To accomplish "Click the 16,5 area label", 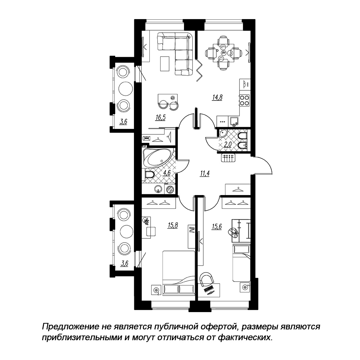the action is tap(161, 118).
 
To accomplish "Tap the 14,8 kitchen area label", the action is tap(217, 98).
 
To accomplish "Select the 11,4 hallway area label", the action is tap(205, 174).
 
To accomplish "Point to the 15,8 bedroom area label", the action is tap(173, 225).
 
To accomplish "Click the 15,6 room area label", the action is tap(216, 227).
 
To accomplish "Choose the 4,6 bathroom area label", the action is tap(166, 173).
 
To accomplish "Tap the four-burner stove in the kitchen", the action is tap(244, 100).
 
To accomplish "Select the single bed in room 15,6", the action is tap(241, 263).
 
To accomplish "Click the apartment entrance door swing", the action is tap(263, 165).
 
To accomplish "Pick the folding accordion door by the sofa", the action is tap(199, 69).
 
